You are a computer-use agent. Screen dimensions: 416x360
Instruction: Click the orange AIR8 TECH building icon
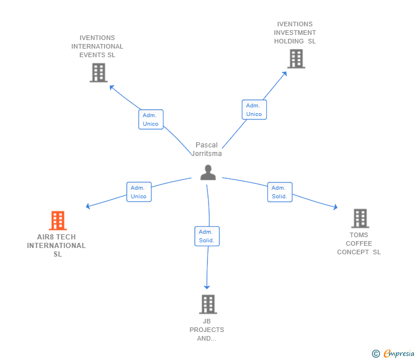pyautogui.click(x=58, y=221)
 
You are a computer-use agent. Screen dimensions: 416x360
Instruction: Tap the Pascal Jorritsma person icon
pyautogui.click(x=208, y=173)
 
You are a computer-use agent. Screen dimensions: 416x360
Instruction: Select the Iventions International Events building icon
pyautogui.click(x=98, y=73)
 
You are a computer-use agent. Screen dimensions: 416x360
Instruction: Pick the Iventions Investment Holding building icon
pyautogui.click(x=297, y=59)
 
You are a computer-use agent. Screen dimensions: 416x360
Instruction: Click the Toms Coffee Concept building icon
pyautogui.click(x=360, y=218)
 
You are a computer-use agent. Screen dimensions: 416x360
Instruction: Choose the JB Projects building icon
pyautogui.click(x=208, y=305)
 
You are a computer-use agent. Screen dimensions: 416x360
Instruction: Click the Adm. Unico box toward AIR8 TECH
pyautogui.click(x=139, y=192)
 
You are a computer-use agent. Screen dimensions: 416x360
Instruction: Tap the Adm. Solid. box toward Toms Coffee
pyautogui.click(x=279, y=192)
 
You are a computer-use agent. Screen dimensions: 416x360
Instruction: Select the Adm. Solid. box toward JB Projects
pyautogui.click(x=207, y=236)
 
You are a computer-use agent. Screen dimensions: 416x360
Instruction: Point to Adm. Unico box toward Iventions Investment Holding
pyautogui.click(x=254, y=110)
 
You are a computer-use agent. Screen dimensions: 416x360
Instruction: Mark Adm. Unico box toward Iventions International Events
pyautogui.click(x=151, y=119)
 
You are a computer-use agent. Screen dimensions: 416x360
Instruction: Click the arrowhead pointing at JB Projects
pyautogui.click(x=207, y=287)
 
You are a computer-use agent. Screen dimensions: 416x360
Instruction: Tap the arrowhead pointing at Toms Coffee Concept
pyautogui.click(x=335, y=207)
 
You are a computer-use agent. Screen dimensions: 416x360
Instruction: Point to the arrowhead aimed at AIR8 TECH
pyautogui.click(x=88, y=206)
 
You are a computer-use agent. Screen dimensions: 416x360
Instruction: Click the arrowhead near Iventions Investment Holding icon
pyautogui.click(x=285, y=74)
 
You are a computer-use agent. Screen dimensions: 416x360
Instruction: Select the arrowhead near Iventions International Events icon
pyautogui.click(x=111, y=87)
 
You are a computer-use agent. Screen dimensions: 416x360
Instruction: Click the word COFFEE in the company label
pyautogui.click(x=359, y=243)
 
